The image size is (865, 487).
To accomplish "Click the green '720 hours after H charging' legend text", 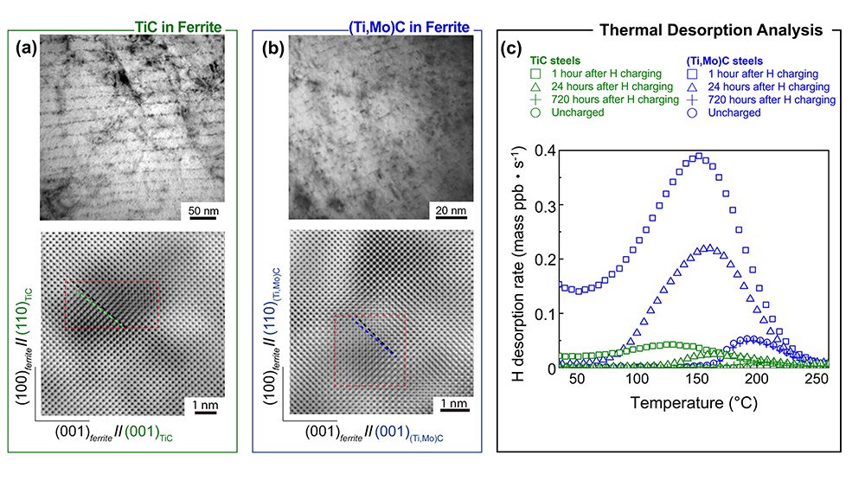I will coord(601,99).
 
